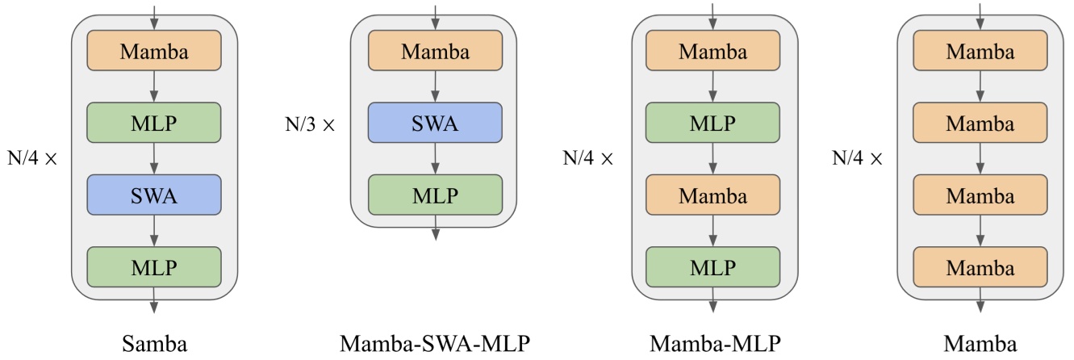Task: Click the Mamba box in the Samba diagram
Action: (x=154, y=52)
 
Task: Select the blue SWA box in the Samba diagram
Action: (x=154, y=195)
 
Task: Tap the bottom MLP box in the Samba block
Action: (x=154, y=266)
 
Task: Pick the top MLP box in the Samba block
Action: (x=154, y=123)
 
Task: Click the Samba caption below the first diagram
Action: (x=154, y=345)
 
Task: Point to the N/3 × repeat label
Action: (x=307, y=126)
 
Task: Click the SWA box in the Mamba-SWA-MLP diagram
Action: (x=436, y=124)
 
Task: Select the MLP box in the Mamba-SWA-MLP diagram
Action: (x=436, y=195)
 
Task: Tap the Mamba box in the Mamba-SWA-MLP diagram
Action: (x=436, y=52)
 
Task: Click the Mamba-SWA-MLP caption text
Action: (x=436, y=345)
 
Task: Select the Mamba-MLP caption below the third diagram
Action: (x=715, y=345)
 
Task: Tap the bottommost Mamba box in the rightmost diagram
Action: (x=980, y=266)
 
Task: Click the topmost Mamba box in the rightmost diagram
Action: (x=980, y=52)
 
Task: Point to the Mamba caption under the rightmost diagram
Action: (x=980, y=345)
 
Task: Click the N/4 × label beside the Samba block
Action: (x=31, y=158)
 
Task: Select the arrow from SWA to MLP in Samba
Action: (x=154, y=231)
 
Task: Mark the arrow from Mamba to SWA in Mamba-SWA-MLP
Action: (x=436, y=88)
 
